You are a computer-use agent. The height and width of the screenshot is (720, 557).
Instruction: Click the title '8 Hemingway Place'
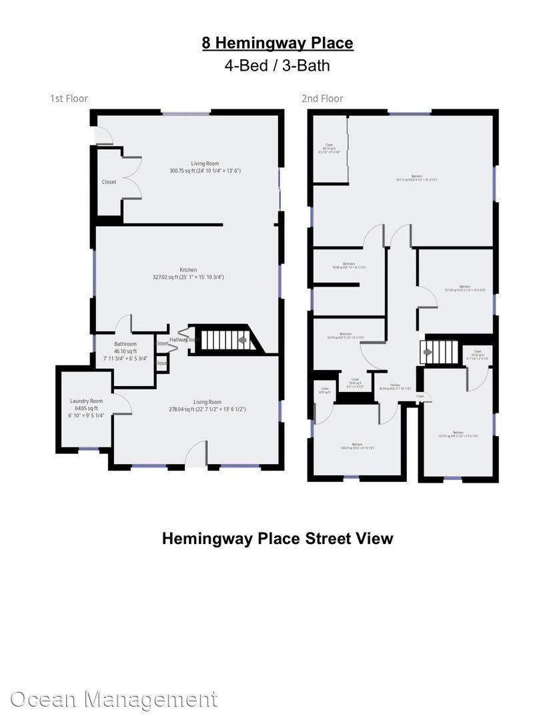(277, 43)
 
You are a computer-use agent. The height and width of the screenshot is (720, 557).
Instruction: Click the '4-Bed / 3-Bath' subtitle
(277, 65)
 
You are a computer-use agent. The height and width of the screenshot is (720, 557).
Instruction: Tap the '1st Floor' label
(69, 99)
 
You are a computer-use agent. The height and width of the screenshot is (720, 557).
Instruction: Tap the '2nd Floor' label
(322, 99)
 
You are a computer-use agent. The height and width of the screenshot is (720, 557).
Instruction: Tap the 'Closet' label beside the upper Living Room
(109, 182)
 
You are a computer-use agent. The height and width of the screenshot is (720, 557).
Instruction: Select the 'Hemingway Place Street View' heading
(277, 539)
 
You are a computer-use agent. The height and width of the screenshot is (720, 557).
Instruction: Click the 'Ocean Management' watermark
(113, 699)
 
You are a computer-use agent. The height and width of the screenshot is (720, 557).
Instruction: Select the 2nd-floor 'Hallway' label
(395, 387)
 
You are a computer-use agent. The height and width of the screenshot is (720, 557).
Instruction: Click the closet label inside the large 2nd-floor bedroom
(330, 148)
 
